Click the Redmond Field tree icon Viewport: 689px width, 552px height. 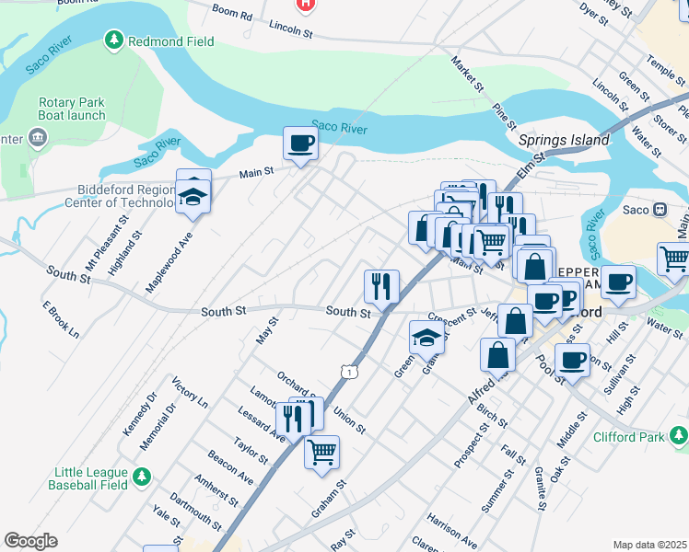(113, 40)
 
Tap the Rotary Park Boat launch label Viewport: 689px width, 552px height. (76, 111)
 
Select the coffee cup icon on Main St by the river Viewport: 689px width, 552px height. (300, 144)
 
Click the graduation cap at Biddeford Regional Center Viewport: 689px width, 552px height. (193, 197)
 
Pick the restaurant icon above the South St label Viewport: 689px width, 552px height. (381, 285)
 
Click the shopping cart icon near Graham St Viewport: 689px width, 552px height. (321, 452)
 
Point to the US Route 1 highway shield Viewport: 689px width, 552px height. (347, 370)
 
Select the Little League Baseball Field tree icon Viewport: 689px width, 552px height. (141, 476)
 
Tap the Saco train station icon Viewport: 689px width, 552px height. (660, 209)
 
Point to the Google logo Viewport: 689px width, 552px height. (30, 541)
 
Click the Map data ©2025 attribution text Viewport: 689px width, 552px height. (649, 545)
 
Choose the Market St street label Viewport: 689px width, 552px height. (468, 74)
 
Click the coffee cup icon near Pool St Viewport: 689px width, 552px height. (572, 361)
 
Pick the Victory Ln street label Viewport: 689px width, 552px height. (190, 390)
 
